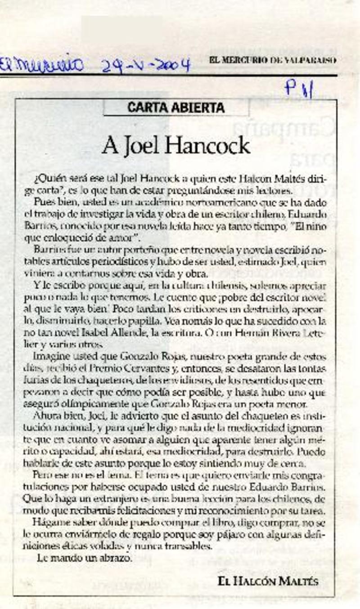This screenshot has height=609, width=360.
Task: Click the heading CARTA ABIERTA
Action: (x=176, y=107)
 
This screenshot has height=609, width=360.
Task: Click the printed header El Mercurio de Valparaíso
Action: (x=273, y=60)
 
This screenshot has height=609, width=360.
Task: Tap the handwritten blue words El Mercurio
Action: (x=43, y=64)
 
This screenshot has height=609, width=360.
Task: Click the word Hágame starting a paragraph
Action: (x=49, y=523)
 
